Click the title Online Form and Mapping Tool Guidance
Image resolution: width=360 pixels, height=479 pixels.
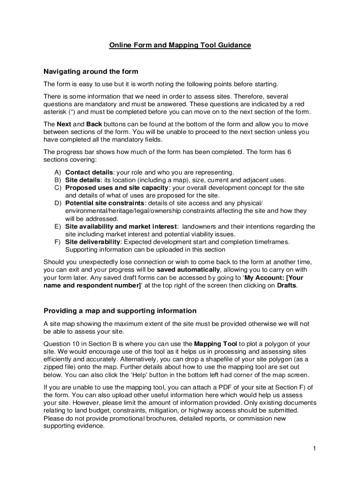tap(180, 45)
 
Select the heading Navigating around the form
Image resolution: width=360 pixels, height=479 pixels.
tap(91, 72)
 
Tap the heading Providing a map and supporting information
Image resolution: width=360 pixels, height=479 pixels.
tap(120, 311)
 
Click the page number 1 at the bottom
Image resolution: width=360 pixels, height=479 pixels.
tap(315, 449)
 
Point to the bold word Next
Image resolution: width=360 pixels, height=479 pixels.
tap(64, 124)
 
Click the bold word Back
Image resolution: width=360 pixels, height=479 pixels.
tap(94, 124)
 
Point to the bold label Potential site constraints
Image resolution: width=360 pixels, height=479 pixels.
tap(105, 203)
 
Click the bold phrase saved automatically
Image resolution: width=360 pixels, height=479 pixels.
tap(188, 270)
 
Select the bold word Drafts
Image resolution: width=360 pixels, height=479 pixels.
tap(287, 285)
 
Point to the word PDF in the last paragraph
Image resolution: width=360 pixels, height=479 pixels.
tap(217, 387)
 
